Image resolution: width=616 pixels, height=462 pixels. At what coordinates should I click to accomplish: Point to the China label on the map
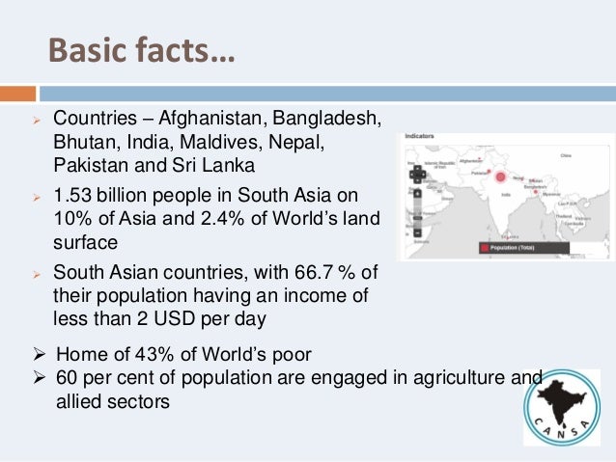click(x=567, y=154)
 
